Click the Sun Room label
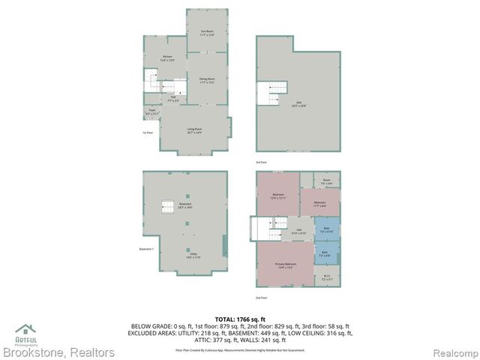(x=207, y=32)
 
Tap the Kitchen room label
(x=168, y=58)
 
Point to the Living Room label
(x=195, y=130)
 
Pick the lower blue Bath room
(x=325, y=253)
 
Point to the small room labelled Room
(x=326, y=181)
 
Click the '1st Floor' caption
(x=147, y=133)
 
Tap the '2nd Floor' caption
(x=261, y=298)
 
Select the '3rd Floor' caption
(x=260, y=162)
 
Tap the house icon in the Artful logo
(x=25, y=328)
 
